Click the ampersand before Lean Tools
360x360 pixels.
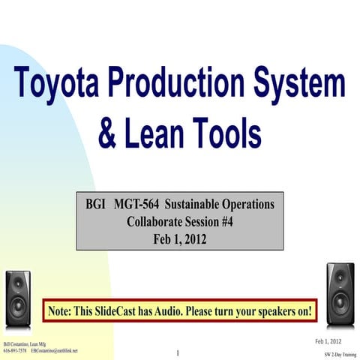109,136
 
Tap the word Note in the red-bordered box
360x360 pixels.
61,310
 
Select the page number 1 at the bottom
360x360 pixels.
177,352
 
